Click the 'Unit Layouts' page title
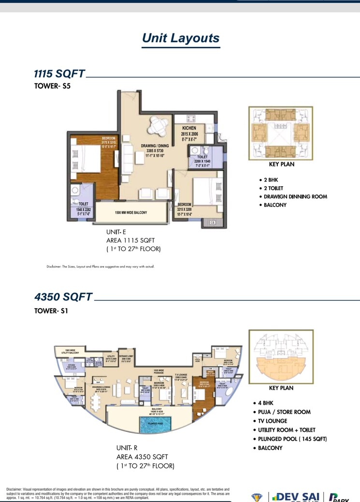pos(181,38)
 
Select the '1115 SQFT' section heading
pos(59,74)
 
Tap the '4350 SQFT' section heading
pos(63,297)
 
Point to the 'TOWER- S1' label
pos(51,311)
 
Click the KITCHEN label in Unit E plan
pos(188,128)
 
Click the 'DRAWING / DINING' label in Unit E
pos(155,145)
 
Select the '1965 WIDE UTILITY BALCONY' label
pos(68,351)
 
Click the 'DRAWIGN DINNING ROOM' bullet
pos(295,197)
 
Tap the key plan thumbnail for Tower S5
pos(280,133)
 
